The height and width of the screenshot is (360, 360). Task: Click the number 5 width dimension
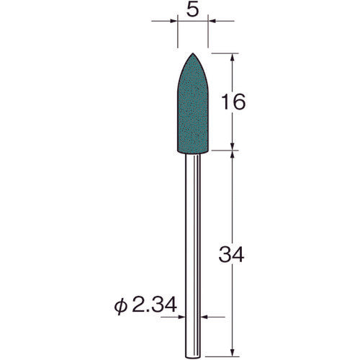192,12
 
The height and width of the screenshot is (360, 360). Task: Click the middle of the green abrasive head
192,108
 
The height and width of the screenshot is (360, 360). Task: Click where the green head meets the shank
192,152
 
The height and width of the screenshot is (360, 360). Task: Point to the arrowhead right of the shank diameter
204,315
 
